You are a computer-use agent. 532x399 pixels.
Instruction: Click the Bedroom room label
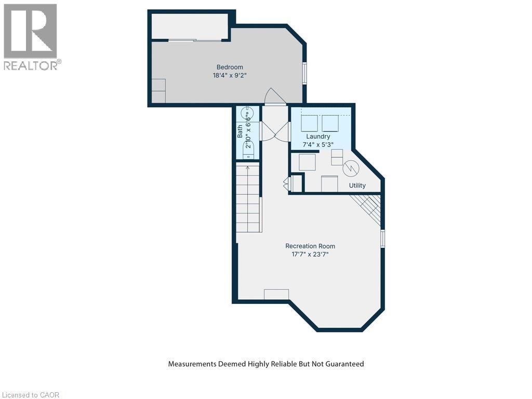230,67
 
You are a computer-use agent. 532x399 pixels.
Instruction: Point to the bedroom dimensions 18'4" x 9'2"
230,75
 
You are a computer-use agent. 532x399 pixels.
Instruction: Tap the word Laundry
318,137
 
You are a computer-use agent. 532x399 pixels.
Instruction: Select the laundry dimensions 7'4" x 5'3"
318,144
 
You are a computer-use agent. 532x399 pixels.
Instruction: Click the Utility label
357,185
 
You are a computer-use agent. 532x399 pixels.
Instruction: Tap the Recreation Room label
310,246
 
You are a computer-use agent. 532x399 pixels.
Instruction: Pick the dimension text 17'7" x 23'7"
310,255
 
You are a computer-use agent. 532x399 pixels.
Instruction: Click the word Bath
240,131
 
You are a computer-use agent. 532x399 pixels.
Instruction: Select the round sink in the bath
248,113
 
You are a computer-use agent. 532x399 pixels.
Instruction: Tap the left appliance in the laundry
310,123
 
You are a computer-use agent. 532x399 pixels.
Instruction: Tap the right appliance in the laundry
330,123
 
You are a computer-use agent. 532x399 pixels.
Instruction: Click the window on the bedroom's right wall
305,73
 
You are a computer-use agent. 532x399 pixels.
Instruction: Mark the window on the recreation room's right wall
383,238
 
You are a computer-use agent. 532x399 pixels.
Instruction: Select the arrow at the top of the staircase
248,167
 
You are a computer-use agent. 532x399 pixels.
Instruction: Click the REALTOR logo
31,36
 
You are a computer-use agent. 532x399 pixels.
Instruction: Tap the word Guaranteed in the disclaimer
343,364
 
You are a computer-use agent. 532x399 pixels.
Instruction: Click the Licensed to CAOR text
31,395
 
